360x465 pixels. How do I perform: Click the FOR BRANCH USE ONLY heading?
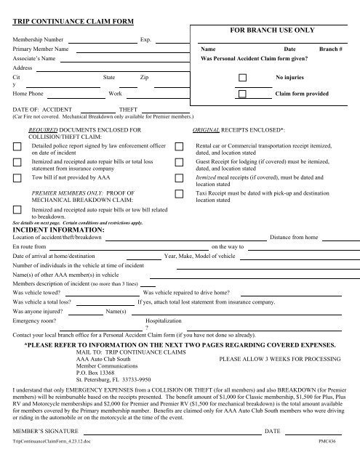[x=272, y=31]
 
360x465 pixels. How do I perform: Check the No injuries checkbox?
[x=242, y=77]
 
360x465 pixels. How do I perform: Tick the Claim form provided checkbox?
[x=242, y=94]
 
